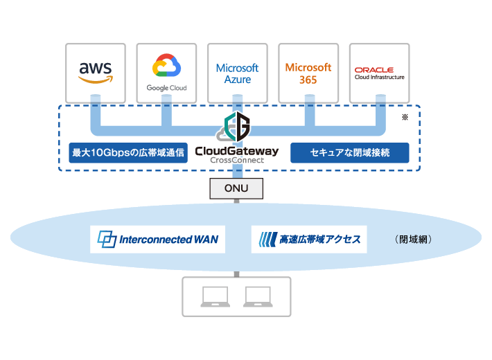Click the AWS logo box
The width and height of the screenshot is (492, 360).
coord(95,73)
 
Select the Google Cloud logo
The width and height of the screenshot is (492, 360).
coord(166,73)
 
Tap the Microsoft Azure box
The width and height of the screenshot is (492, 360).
coord(237,73)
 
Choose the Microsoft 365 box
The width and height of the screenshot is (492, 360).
coord(308,73)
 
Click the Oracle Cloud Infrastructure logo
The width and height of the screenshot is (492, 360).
coord(379,73)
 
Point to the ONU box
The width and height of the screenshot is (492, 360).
coord(237,188)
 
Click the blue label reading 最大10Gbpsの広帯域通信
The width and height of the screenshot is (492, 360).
coord(129,152)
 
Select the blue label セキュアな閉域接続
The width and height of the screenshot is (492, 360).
coord(349,152)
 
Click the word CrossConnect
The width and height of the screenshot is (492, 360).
coord(237,161)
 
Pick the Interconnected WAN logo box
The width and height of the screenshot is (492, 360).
coord(157,240)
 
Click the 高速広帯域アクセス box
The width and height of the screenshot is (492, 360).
coord(309,240)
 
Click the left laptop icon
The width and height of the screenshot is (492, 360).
coord(214,296)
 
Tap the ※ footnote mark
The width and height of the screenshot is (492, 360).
coord(405,118)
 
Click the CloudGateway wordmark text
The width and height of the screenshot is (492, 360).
coord(237,150)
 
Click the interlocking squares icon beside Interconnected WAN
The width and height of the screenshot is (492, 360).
coord(107,240)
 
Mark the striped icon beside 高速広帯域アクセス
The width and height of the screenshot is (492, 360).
coord(267,240)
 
